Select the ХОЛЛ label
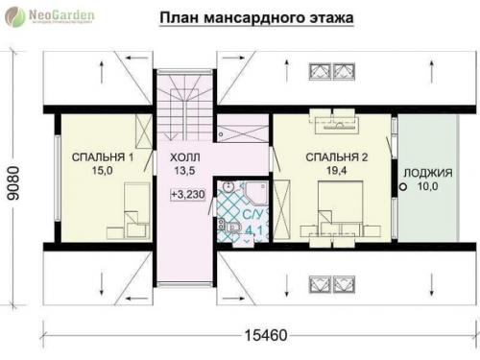pos(184,156)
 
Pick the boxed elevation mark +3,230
pos(187,194)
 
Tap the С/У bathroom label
pos(253,216)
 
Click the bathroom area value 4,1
pos(253,230)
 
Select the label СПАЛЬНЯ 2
pos(337,156)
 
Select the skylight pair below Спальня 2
pos(333,282)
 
